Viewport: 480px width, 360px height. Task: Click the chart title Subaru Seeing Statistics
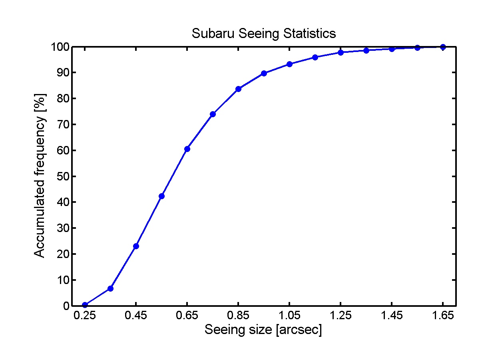[264, 33]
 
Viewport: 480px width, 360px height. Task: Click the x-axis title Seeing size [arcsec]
[263, 330]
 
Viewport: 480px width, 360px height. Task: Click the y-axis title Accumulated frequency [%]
[40, 176]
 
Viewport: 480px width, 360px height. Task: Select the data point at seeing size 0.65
[187, 149]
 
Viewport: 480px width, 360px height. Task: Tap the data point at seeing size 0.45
[136, 246]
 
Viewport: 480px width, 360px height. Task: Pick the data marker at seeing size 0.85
[238, 89]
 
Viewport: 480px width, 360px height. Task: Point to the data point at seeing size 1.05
[289, 64]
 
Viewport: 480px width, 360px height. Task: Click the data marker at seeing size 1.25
[341, 52]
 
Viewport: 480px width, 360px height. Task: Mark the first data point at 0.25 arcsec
[85, 305]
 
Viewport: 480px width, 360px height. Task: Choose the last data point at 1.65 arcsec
[443, 47]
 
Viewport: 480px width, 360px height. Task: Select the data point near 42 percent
[161, 196]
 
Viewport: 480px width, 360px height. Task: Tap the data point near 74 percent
[213, 114]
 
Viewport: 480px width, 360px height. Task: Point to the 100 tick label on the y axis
[57, 47]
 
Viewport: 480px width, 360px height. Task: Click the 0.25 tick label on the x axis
[85, 316]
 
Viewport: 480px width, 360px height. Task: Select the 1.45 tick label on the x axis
[392, 316]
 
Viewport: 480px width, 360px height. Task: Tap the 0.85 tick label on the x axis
[238, 316]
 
